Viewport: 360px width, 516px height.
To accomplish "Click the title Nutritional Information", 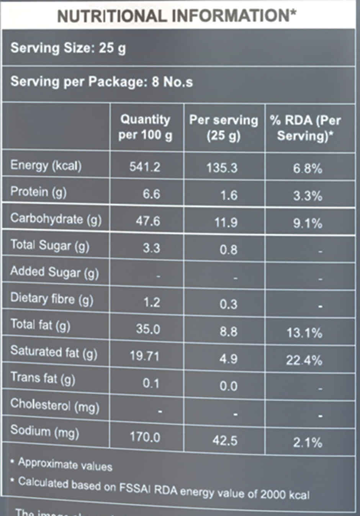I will (x=177, y=16).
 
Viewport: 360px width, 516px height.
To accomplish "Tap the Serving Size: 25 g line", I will (x=68, y=48).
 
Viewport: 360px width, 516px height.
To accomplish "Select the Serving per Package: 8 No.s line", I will (x=101, y=82).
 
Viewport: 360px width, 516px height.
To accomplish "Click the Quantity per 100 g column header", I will (x=145, y=127).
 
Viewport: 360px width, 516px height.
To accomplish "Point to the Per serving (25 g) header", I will (x=224, y=127).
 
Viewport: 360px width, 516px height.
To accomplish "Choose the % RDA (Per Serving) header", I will (x=305, y=128).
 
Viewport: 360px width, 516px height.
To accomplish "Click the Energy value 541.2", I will (x=145, y=167).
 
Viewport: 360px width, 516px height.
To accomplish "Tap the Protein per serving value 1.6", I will (x=229, y=196).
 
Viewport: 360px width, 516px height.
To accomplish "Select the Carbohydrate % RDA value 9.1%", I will (x=307, y=223).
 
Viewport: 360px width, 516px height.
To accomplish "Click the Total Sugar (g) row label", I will (x=50, y=246).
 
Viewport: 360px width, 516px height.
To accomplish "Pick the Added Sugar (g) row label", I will (x=54, y=272).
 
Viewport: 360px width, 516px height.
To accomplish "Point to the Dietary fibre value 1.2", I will (x=152, y=302).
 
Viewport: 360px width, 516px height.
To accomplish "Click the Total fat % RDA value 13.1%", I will (x=304, y=333).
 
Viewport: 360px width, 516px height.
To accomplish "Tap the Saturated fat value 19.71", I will (x=144, y=356).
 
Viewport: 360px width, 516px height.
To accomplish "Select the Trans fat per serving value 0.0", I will (x=228, y=386).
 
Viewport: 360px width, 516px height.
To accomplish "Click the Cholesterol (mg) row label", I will (x=55, y=405).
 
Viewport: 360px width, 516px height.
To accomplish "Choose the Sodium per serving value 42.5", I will (x=225, y=441).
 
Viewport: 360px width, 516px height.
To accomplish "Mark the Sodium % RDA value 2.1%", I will (x=308, y=443).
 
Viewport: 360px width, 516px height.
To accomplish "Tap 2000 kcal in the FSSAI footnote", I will (x=285, y=494).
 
